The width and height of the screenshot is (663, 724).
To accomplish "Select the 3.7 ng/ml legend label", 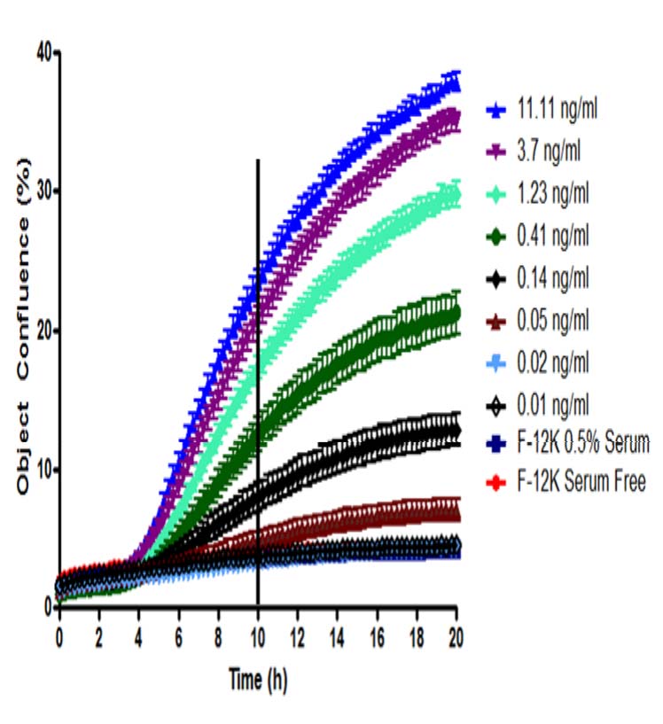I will [550, 153].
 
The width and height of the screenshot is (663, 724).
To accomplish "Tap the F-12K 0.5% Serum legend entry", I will [583, 443].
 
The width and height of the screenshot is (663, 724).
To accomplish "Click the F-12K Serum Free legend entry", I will [581, 483].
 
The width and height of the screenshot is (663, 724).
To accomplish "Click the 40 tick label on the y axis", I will [41, 52].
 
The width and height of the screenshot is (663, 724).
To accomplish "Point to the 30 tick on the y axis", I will [41, 191].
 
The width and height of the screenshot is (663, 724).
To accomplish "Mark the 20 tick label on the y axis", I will [41, 331].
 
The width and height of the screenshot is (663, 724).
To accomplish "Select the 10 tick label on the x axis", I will [257, 635].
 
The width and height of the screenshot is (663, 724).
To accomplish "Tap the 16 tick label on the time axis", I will [377, 635].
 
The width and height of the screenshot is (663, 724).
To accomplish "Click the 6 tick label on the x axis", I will [178, 635].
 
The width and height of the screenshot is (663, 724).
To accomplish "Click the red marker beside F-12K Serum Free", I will [496, 483].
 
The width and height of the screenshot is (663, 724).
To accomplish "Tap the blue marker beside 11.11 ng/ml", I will [496, 112].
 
